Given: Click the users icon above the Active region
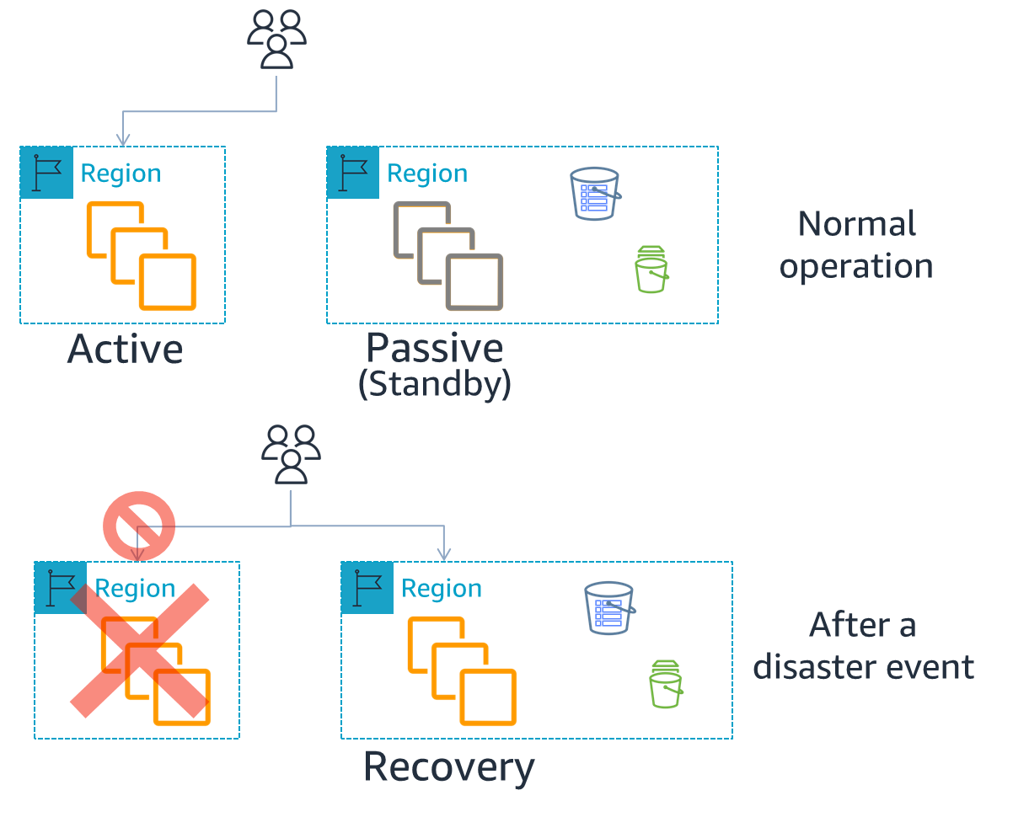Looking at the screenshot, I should [x=276, y=40].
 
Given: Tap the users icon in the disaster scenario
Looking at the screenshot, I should [x=291, y=455].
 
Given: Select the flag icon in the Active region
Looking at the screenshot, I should [x=46, y=174].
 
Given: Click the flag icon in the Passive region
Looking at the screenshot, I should [x=353, y=174].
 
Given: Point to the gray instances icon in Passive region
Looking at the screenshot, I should [x=448, y=256].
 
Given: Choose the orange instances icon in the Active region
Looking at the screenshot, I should [x=142, y=256].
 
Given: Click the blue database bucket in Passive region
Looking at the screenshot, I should [x=595, y=194].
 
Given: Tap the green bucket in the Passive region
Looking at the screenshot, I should [x=651, y=270].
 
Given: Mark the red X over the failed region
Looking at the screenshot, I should [x=140, y=650].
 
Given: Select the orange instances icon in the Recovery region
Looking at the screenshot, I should [x=462, y=671].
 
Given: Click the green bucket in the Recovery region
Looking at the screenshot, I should [x=666, y=684].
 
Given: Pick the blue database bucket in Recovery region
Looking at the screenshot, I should [x=609, y=608].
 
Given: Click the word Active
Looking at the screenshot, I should [x=125, y=349].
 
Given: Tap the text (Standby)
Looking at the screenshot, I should [x=434, y=384].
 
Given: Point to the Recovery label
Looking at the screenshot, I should [x=448, y=767].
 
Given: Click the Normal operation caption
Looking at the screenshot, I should [x=856, y=245].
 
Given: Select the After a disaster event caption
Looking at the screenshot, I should [x=863, y=646].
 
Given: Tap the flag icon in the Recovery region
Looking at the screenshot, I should [x=367, y=588].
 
